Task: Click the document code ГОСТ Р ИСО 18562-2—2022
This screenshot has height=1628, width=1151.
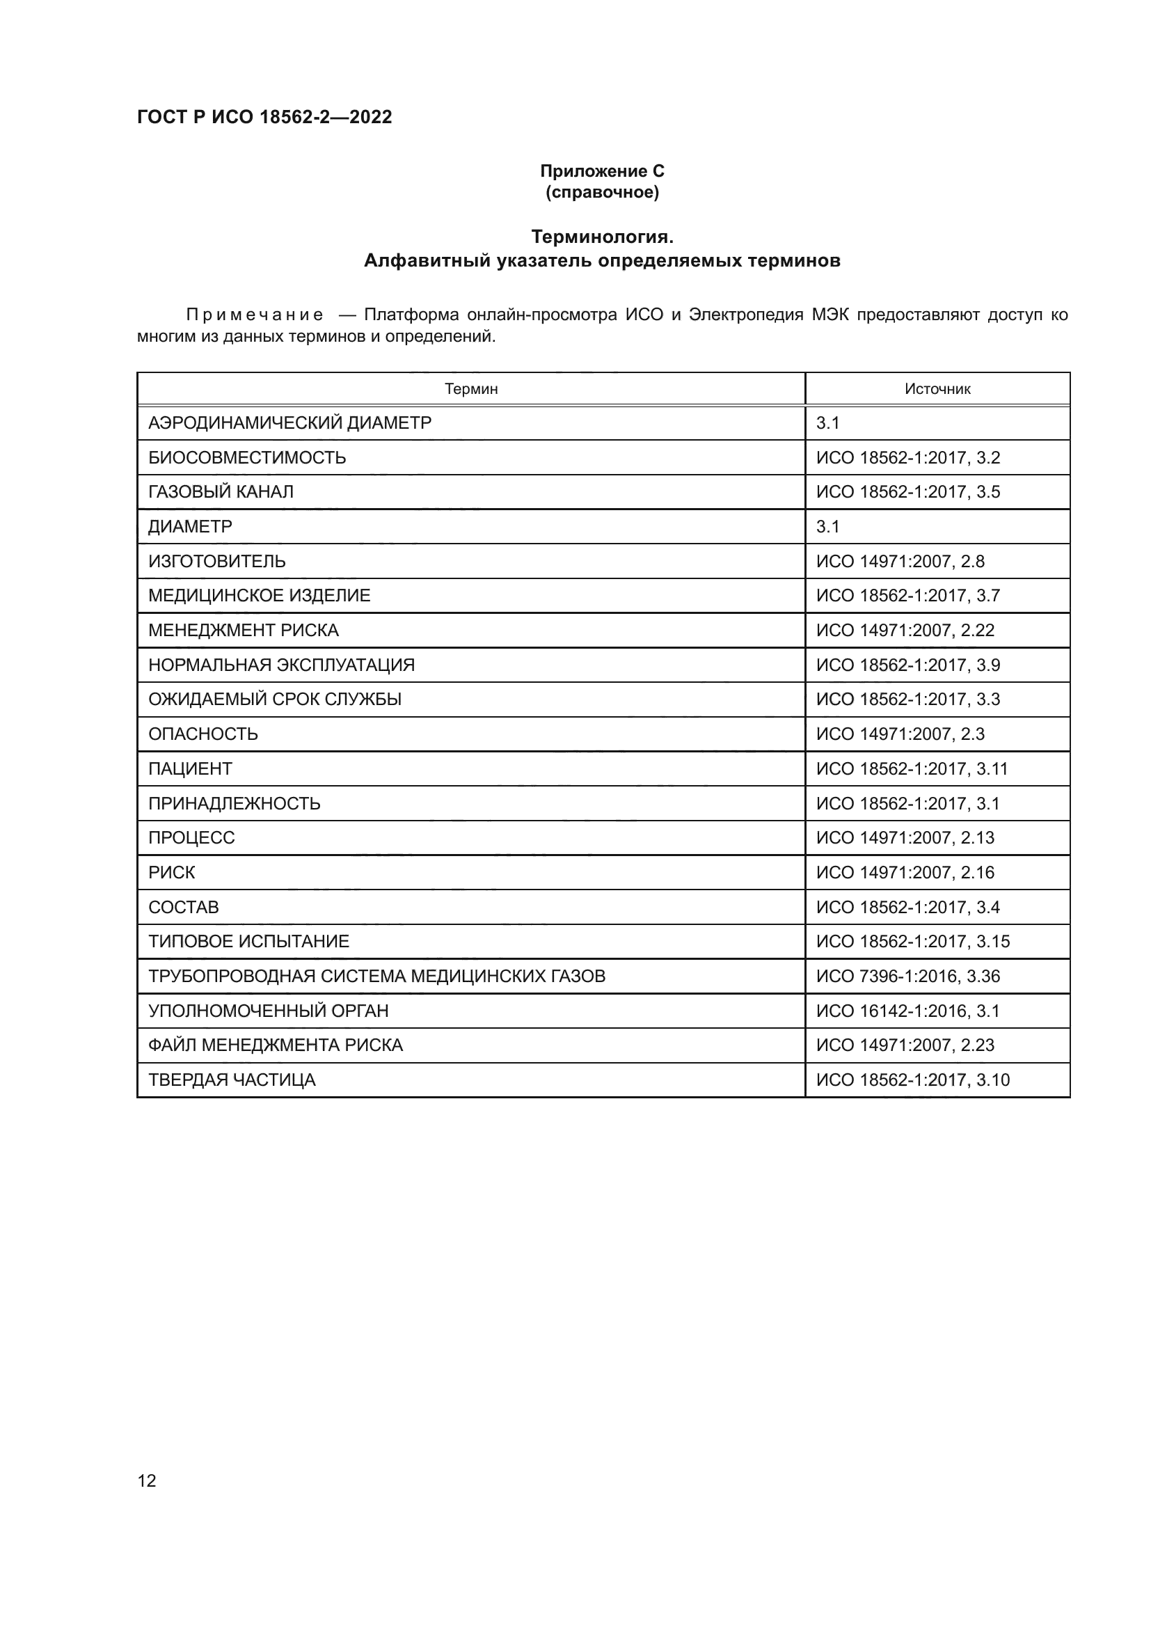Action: [x=264, y=117]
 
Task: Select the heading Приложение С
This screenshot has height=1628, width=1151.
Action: [x=602, y=171]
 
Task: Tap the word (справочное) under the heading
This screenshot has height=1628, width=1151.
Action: [x=602, y=193]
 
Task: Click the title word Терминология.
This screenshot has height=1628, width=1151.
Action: [x=602, y=236]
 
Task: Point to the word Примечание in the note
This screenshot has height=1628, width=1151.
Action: [x=255, y=315]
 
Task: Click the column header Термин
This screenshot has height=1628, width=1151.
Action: [x=470, y=388]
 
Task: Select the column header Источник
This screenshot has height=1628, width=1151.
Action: [x=937, y=388]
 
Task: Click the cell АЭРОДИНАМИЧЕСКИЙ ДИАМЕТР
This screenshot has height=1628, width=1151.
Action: [x=289, y=423]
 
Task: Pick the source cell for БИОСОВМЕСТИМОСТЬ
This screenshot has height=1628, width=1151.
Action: [x=908, y=458]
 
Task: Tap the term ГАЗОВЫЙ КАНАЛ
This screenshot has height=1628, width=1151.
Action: [x=221, y=492]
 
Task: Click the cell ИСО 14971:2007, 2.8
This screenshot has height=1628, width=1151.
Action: [x=900, y=562]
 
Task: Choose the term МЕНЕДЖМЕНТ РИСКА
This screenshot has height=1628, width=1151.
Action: [x=243, y=631]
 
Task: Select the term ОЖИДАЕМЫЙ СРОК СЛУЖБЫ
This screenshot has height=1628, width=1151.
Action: [x=274, y=700]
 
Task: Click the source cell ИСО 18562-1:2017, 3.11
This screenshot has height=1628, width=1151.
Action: [x=912, y=769]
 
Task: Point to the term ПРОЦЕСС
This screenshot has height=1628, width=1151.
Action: [x=191, y=838]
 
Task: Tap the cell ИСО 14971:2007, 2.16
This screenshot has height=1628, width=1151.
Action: [x=905, y=873]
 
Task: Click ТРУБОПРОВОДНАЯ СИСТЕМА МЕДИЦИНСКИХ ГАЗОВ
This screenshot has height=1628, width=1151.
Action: [x=376, y=977]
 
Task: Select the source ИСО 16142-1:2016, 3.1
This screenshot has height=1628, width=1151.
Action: [x=907, y=1011]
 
